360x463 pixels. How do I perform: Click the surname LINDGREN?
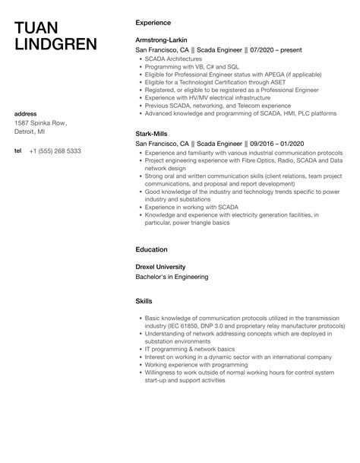[56, 44]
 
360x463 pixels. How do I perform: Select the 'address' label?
[26, 114]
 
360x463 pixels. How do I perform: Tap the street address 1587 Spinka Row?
[41, 123]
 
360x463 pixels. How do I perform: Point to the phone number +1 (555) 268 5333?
[55, 151]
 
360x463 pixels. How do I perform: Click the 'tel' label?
[17, 151]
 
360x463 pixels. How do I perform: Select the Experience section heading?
[153, 23]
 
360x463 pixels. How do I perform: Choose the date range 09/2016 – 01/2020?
[260, 142]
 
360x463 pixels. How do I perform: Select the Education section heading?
[152, 249]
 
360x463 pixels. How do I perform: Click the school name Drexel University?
[160, 267]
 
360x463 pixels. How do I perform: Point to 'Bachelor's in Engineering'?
[171, 277]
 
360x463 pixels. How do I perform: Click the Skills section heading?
[144, 301]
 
